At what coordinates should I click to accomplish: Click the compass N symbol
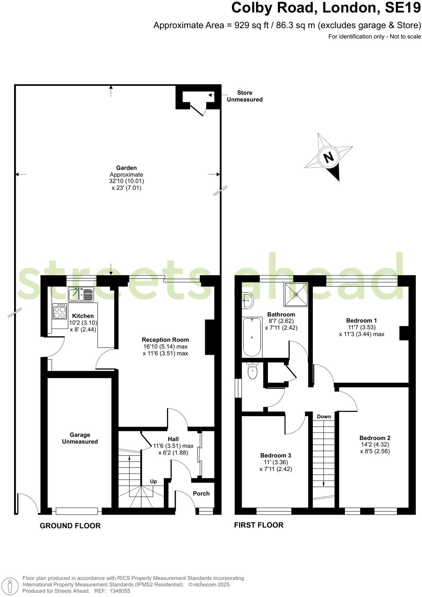click(329, 157)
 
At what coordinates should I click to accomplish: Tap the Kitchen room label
click(83, 316)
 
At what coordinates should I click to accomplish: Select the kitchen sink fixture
click(81, 294)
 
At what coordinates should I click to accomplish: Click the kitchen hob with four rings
click(60, 311)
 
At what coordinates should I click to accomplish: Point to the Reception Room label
click(165, 340)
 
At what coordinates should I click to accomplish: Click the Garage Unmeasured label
click(80, 438)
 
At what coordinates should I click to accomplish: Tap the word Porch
click(201, 493)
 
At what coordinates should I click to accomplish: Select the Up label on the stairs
click(153, 481)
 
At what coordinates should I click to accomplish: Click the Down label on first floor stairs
click(324, 416)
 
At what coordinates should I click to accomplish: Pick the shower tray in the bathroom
click(296, 294)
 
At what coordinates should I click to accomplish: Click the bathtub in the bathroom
click(252, 337)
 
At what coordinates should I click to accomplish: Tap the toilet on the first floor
click(253, 372)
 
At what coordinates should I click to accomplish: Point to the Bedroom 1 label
click(362, 320)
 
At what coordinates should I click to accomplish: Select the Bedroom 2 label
click(375, 438)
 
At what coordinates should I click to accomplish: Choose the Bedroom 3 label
click(276, 455)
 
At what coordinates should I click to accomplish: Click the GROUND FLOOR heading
click(70, 526)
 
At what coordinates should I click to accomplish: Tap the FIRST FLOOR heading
click(259, 525)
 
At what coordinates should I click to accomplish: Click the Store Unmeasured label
click(244, 96)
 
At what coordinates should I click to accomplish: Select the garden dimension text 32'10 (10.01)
click(126, 181)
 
